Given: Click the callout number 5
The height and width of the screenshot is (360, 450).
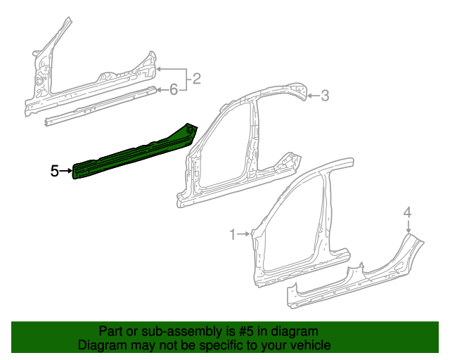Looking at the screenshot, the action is pyautogui.click(x=54, y=170).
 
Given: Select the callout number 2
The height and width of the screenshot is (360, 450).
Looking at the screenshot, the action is pyautogui.click(x=197, y=79).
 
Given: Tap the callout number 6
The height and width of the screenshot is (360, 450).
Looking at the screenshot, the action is pyautogui.click(x=173, y=89).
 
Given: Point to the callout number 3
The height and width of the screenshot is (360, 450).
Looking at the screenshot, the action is pyautogui.click(x=325, y=96).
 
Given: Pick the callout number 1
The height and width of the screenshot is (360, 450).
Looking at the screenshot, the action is pyautogui.click(x=233, y=233).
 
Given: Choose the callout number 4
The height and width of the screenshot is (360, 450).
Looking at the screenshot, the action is pyautogui.click(x=407, y=212).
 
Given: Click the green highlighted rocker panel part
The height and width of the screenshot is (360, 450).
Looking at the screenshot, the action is pyautogui.click(x=134, y=154).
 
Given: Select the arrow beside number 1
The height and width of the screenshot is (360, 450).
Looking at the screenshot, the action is pyautogui.click(x=243, y=233).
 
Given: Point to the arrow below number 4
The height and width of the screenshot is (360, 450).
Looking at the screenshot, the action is pyautogui.click(x=408, y=226).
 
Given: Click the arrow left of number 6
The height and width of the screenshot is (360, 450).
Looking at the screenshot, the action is pyautogui.click(x=161, y=89).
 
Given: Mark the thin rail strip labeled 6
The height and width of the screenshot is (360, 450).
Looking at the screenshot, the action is pyautogui.click(x=98, y=106).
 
